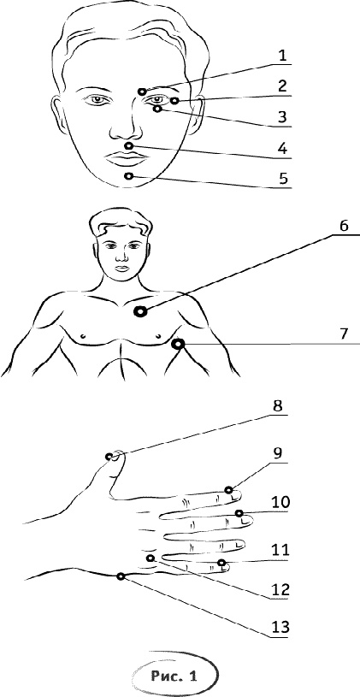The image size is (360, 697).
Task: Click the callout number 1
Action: point(282,56)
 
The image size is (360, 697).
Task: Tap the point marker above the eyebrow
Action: point(142,92)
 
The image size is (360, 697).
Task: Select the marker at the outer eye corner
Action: point(174,101)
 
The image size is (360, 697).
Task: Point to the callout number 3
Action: point(283,117)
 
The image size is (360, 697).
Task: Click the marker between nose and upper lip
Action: point(129,145)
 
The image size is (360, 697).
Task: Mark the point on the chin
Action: point(129,176)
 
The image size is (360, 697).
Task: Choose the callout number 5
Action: point(283,178)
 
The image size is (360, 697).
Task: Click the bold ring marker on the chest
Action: point(140,312)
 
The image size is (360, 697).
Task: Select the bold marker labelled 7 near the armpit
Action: point(179,344)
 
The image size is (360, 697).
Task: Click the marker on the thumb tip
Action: point(109,457)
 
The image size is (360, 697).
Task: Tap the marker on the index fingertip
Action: point(229,490)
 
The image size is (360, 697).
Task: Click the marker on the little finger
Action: point(221,564)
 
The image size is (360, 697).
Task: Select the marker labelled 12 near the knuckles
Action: point(150,558)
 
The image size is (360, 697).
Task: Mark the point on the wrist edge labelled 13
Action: point(121,576)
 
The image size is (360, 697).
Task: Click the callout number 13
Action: point(279,627)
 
